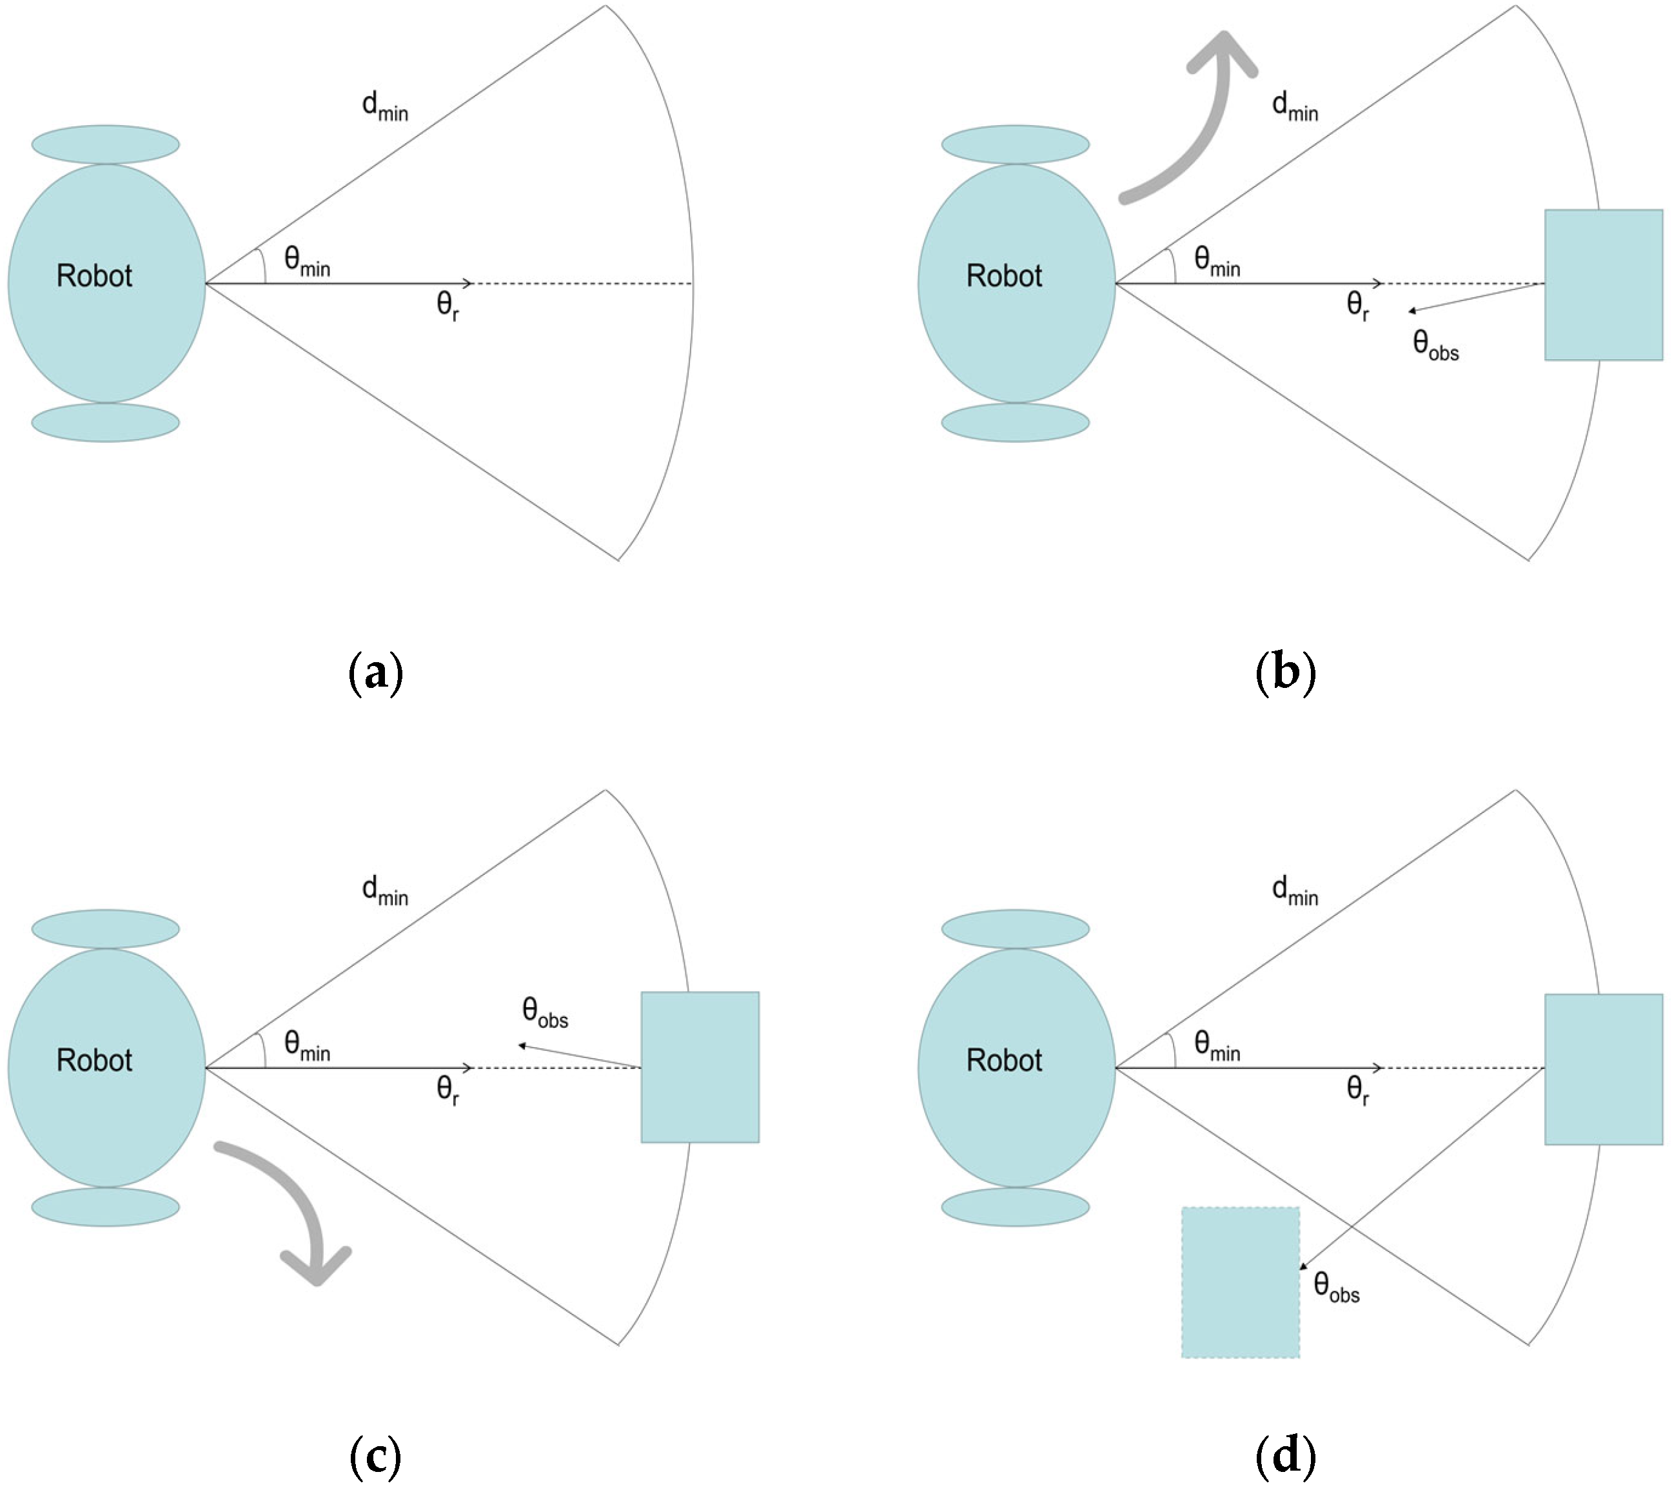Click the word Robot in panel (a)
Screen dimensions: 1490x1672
coord(94,276)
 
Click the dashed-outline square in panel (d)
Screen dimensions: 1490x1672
coord(1240,1282)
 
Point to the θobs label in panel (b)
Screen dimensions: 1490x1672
coord(1435,345)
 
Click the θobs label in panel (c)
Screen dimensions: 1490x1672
coord(544,1013)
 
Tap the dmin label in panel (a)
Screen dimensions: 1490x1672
coord(385,106)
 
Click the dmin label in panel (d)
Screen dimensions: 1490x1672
coord(1295,891)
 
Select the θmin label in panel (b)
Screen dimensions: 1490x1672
coord(1217,261)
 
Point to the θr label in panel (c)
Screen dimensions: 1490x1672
coord(447,1090)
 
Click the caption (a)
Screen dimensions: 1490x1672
coord(376,673)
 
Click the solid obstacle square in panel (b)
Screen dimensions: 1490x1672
coord(1602,285)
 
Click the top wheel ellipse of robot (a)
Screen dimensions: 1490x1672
coord(106,145)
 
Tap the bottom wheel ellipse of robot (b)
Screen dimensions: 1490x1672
coord(1016,422)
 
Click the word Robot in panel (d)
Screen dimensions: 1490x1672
coord(1004,1060)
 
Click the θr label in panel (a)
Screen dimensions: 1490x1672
coord(447,306)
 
